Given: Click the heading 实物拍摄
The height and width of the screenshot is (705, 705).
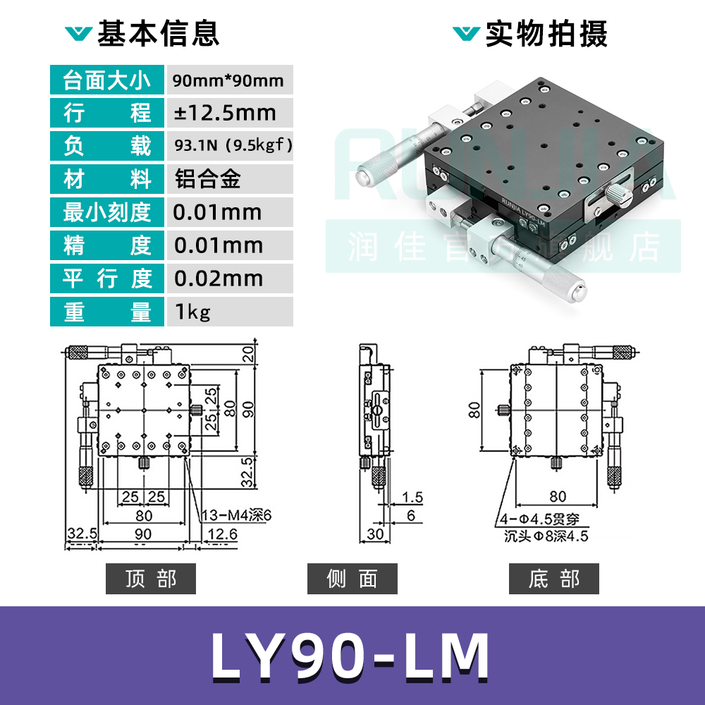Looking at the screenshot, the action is coord(546,33).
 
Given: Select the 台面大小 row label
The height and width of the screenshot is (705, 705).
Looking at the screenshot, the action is coord(107,80).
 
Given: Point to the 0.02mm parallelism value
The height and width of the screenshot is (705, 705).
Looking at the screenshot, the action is coord(219,278).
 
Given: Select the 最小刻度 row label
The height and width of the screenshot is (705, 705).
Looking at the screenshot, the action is coord(107,212).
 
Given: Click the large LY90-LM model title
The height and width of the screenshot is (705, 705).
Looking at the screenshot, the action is coord(350,656).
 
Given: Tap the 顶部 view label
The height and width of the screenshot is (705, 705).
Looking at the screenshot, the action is coord(150,579).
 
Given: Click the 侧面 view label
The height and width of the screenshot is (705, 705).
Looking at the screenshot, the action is coord(352,579).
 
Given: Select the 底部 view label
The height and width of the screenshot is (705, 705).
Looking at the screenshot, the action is coord(553,579).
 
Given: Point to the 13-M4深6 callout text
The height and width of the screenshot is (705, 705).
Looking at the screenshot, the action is coord(237,515).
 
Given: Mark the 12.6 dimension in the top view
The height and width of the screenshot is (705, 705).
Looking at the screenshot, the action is coord(223,534).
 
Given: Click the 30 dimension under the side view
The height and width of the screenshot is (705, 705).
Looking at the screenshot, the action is coord(375,534).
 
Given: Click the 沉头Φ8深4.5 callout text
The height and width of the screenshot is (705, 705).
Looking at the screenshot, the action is coord(546,536).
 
